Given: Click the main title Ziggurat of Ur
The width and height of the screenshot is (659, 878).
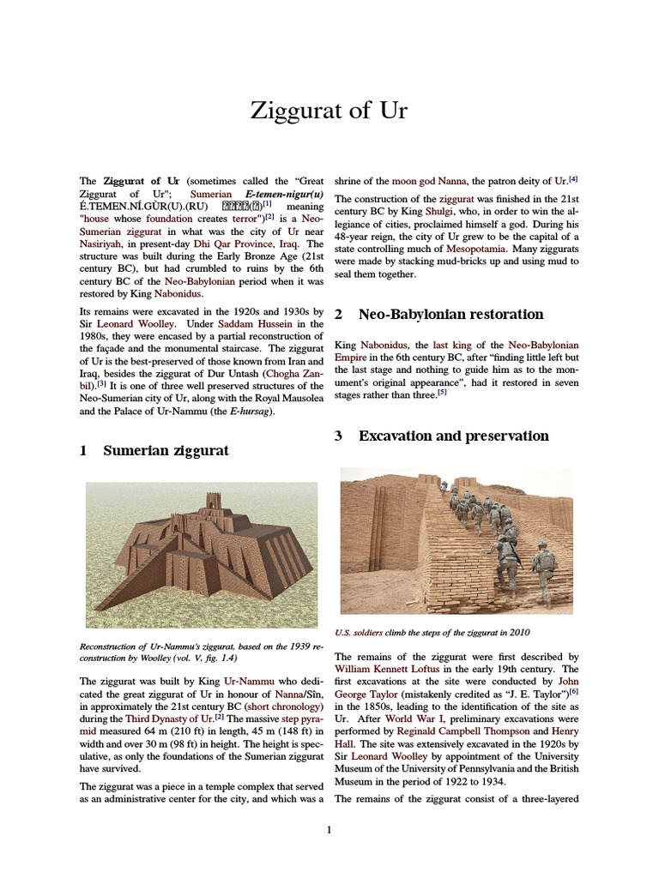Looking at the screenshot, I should tap(329, 111).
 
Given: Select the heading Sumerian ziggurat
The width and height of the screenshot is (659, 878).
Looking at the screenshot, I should tap(166, 450).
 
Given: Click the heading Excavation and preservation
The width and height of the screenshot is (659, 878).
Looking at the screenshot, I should tap(453, 436).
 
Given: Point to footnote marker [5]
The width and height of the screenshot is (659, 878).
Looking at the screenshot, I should tap(442, 393).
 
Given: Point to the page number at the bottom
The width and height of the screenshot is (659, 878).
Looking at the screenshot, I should tap(329, 829).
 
